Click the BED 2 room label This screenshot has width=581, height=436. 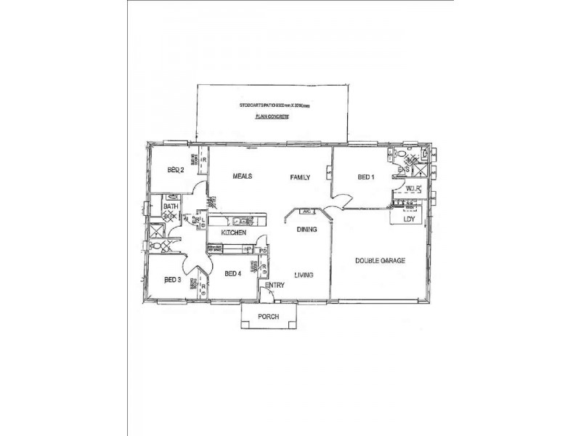click(175, 171)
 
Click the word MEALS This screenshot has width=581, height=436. click(242, 177)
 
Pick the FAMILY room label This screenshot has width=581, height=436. click(300, 177)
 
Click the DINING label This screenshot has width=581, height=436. click(306, 230)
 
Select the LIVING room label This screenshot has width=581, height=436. click(304, 275)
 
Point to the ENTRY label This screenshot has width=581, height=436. click(275, 286)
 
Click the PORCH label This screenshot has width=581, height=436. click(268, 316)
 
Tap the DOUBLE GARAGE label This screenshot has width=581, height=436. click(380, 260)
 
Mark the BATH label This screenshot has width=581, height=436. click(171, 207)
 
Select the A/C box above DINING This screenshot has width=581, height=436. click(306, 211)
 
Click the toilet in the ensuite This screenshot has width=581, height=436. click(400, 154)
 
